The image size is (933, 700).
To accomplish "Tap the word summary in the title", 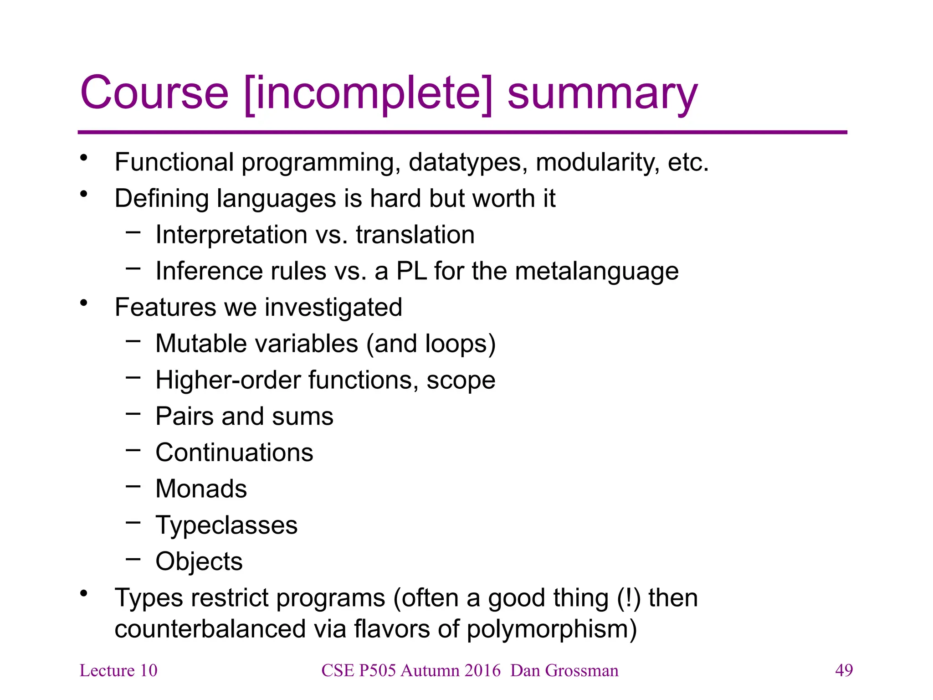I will [602, 95].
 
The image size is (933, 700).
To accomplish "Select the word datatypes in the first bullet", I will [467, 163].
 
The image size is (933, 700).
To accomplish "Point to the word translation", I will [415, 235].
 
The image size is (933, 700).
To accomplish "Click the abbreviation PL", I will [411, 271].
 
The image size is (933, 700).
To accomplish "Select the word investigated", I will [333, 308].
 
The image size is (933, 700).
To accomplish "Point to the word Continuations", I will [234, 453].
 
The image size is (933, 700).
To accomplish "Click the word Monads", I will [201, 489].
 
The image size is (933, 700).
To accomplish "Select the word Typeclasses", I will [226, 525].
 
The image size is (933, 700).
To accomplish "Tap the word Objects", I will [199, 561].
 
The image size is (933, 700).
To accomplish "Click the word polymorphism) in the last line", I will [552, 630].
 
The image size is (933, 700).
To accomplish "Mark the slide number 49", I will [844, 670].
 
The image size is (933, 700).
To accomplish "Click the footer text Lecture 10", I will [118, 670].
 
